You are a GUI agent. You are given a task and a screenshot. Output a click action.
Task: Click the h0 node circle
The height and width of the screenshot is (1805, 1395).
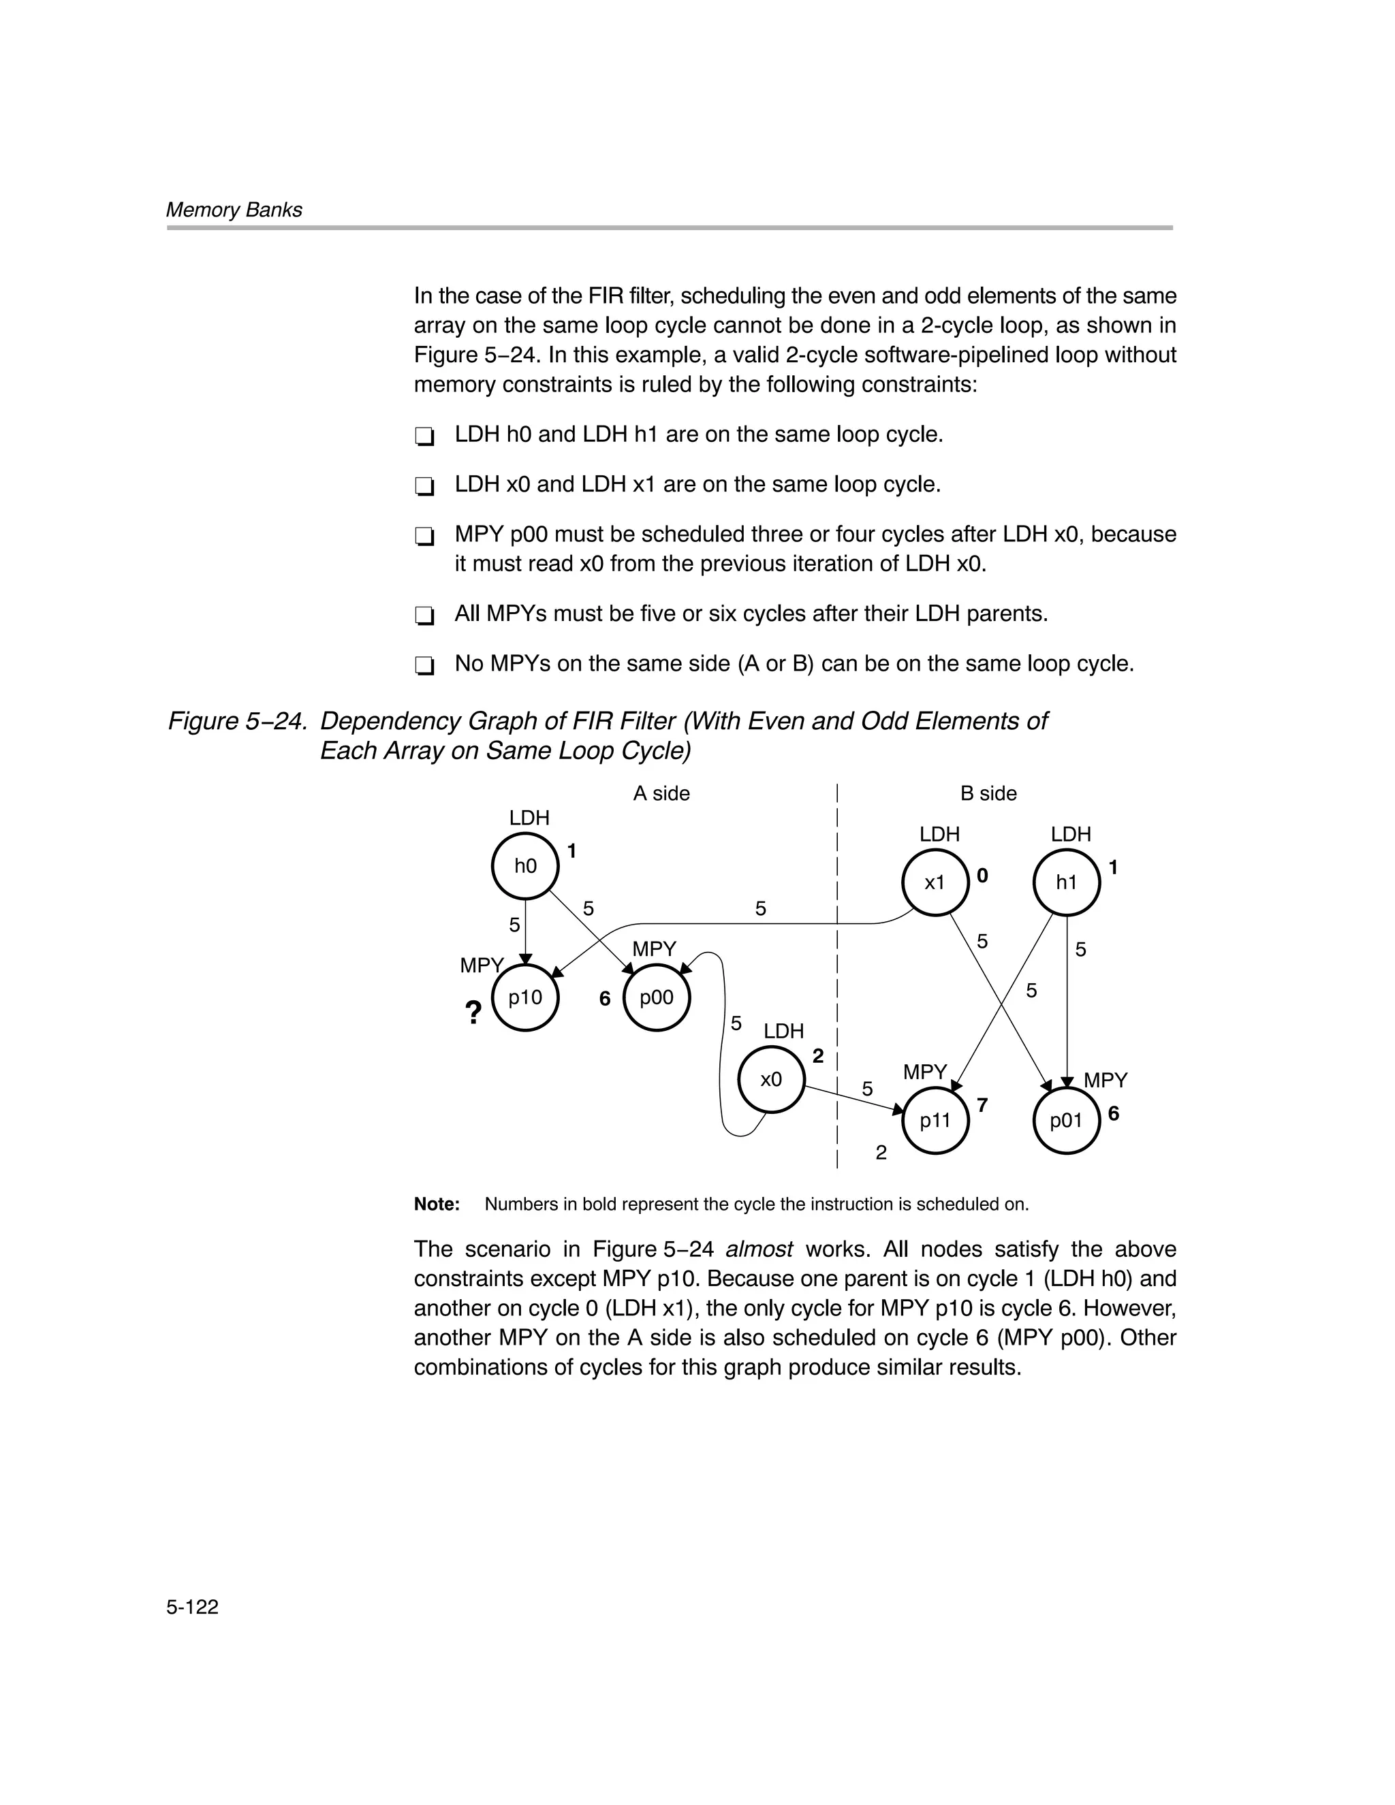(525, 866)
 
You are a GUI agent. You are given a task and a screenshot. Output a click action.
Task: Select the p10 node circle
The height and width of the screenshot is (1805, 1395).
(525, 997)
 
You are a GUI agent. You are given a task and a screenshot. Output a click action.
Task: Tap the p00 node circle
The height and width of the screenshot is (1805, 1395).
(657, 997)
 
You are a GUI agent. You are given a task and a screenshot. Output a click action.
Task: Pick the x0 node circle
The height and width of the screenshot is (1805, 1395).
(770, 1079)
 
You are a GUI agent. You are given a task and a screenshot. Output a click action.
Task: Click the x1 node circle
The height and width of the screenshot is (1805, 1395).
(935, 882)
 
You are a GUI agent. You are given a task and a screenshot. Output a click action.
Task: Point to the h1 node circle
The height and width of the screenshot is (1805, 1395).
(1066, 882)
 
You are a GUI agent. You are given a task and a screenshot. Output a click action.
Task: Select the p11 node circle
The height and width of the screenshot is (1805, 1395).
(935, 1121)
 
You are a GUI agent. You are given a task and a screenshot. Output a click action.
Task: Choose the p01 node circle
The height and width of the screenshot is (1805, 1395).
(1066, 1121)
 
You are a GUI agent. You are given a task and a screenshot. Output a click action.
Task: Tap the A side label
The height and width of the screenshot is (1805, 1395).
(661, 793)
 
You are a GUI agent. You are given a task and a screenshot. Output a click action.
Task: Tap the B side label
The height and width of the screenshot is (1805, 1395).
(988, 793)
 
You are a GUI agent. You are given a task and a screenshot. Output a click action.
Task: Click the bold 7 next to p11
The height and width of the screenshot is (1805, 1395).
(982, 1105)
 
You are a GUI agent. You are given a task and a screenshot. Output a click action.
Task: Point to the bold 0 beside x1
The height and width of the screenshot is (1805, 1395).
(982, 875)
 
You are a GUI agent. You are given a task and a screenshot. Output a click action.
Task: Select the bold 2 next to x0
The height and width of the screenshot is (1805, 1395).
(818, 1055)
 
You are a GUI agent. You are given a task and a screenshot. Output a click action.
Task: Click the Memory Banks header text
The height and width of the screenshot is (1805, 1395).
(234, 210)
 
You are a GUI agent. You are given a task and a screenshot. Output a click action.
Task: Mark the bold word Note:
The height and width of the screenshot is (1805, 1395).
(437, 1204)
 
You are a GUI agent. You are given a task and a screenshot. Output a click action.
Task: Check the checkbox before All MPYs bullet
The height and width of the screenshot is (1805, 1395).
(424, 616)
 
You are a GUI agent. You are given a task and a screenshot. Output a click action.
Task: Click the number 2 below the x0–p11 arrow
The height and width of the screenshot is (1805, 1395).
(881, 1152)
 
